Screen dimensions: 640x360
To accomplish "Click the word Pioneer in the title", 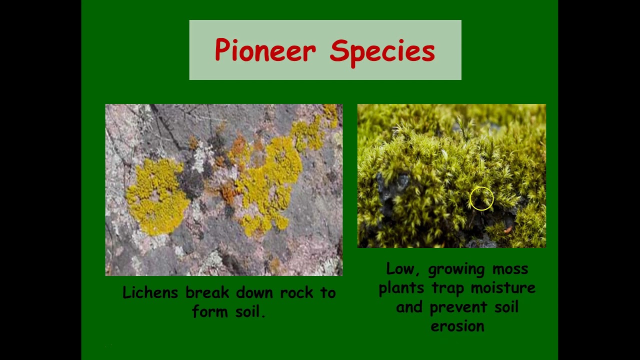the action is (265, 50).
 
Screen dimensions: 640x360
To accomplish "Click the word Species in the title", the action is (382, 53).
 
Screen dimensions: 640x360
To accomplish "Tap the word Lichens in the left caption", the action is (150, 292).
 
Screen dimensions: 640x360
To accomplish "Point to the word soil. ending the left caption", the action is (250, 311).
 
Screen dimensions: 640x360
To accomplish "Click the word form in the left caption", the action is (210, 311).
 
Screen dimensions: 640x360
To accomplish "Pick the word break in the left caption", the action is (207, 292).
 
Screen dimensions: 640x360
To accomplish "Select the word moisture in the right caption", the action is (503, 288).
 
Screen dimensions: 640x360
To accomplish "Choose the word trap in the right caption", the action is (447, 289).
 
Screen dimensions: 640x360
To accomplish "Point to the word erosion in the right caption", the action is (457, 326).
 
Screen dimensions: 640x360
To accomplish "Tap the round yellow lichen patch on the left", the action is (156, 196).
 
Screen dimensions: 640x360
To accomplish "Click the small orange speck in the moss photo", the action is (508, 229).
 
